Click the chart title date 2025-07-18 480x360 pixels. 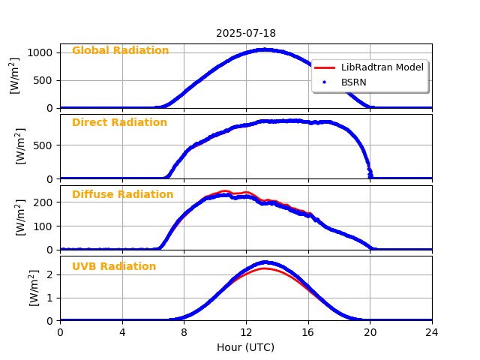point(246,33)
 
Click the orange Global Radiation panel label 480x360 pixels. point(120,51)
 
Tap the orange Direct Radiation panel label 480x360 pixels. point(119,123)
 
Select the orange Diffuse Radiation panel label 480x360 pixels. point(122,195)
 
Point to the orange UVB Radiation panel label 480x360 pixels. point(114,267)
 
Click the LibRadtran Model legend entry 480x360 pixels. point(382,67)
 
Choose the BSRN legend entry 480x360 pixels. point(353,81)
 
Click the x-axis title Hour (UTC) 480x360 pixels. point(246,347)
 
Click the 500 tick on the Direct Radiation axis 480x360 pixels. point(44,145)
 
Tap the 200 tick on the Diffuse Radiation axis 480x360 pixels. point(44,202)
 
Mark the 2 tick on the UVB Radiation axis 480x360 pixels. point(49,274)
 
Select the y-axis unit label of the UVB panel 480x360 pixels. point(34,288)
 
